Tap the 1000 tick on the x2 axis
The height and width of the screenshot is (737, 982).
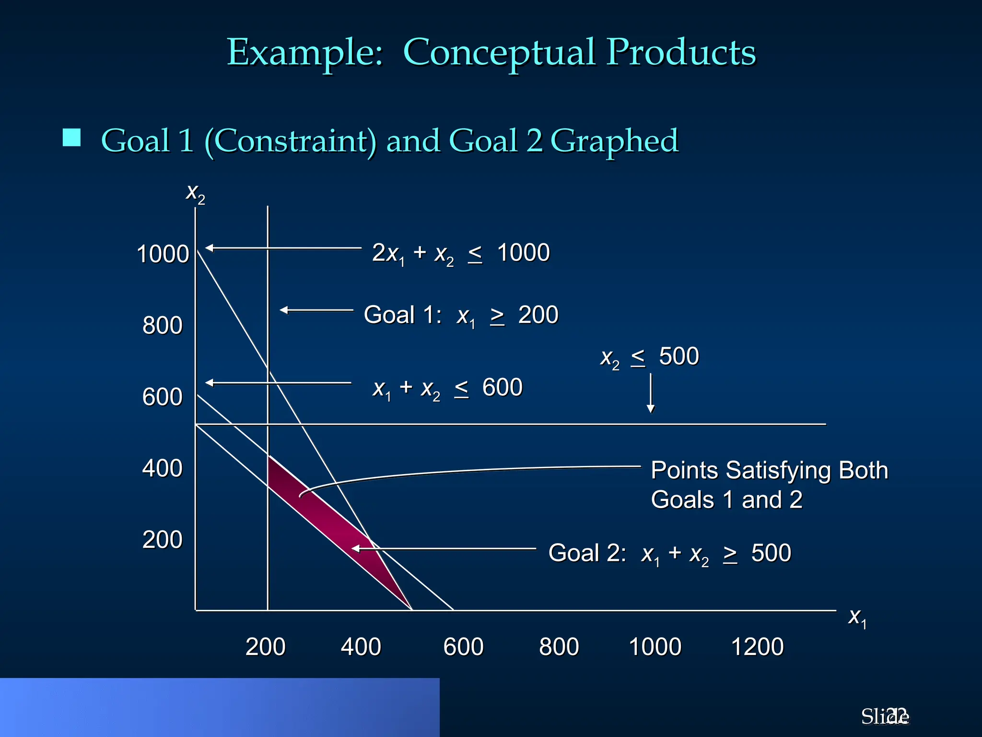tap(163, 254)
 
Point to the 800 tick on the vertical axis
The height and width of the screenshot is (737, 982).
tap(163, 325)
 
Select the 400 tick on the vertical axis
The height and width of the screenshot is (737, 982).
tap(163, 468)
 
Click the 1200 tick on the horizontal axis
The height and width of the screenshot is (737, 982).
tap(757, 647)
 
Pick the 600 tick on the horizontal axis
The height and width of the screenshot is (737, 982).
tap(463, 647)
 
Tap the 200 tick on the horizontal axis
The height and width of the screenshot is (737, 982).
tap(266, 647)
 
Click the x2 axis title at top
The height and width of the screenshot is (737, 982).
tap(195, 193)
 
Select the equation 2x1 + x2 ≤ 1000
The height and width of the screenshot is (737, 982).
tap(461, 253)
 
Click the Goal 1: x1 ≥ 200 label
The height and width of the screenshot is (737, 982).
tap(461, 316)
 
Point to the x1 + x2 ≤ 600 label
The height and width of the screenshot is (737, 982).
tap(447, 388)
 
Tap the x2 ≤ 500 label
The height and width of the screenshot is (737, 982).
tap(649, 357)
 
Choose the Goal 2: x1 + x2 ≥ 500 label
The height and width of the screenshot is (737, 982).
tap(669, 553)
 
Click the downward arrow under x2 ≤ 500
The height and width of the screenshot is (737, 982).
tap(651, 393)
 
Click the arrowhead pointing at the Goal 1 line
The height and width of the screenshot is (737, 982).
tap(284, 310)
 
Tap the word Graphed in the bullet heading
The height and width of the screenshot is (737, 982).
tap(614, 141)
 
